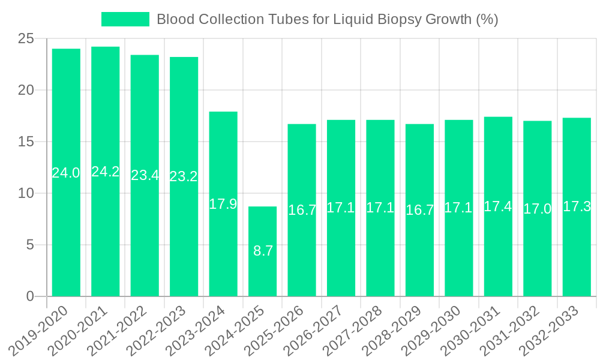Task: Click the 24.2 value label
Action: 106,172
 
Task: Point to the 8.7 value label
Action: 263,251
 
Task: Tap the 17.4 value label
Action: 498,206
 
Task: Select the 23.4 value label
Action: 145,176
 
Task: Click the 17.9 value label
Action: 223,204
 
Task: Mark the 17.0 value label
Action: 537,209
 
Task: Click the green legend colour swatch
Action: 125,19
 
